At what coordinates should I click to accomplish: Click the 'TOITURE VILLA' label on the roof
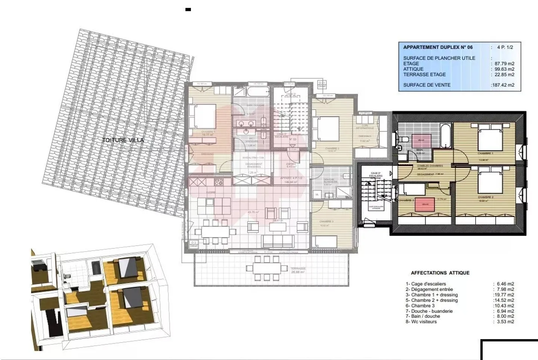[123, 140]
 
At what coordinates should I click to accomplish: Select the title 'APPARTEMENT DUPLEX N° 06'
[437, 47]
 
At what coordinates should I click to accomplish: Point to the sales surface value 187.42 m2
[503, 85]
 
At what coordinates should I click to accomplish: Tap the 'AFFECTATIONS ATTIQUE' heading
[440, 273]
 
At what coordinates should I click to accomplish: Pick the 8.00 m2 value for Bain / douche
[504, 316]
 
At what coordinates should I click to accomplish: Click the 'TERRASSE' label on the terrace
[298, 269]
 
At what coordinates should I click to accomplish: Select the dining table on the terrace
[264, 268]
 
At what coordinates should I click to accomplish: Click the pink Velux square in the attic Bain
[421, 140]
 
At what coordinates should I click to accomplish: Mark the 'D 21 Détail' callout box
[322, 84]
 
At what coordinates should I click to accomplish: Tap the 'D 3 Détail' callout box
[194, 244]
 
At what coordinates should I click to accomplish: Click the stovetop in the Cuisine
[219, 182]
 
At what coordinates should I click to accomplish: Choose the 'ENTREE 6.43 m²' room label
[291, 165]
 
